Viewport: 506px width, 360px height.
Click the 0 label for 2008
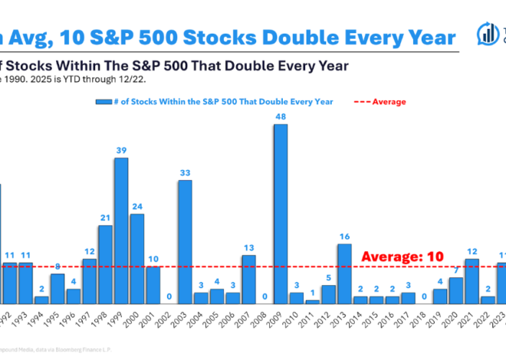point(264,296)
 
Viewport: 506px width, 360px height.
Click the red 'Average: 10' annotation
point(402,256)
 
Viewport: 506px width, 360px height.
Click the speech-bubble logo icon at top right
point(485,34)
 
